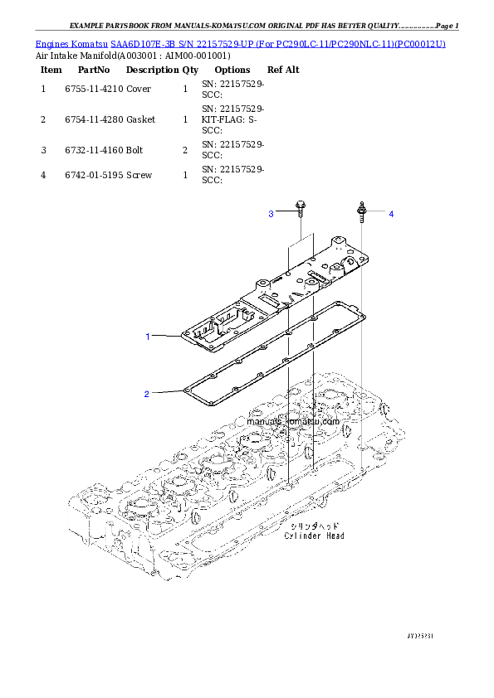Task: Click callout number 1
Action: coord(148,337)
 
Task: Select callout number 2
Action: coord(146,394)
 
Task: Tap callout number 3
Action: coord(271,215)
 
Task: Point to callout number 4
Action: coord(391,215)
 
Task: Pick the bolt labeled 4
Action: coord(362,211)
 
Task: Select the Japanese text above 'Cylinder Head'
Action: coord(313,526)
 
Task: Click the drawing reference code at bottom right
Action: coord(421,636)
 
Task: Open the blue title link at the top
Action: coord(241,43)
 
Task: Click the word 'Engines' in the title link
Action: coord(52,43)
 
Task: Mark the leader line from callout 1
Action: coord(166,336)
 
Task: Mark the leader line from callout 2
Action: coord(166,392)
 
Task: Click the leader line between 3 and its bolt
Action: coord(285,214)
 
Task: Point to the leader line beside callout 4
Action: coord(377,214)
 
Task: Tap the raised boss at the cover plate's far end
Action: coord(341,243)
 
